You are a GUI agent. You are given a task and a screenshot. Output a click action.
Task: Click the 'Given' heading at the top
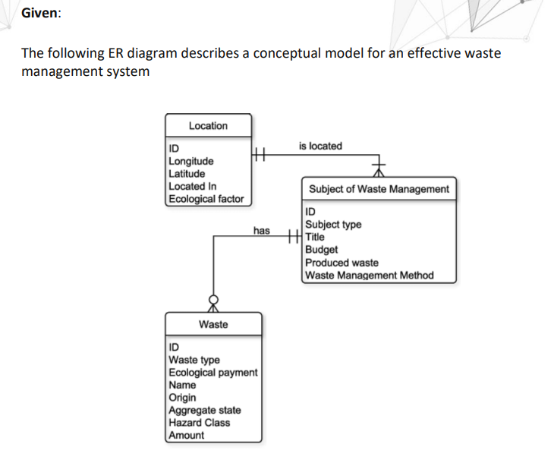pyautogui.click(x=39, y=14)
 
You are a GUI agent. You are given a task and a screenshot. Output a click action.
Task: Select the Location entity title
pyautogui.click(x=207, y=126)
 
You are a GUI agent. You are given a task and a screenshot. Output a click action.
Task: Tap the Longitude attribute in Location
pyautogui.click(x=190, y=161)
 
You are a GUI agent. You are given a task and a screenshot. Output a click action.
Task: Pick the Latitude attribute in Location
pyautogui.click(x=187, y=173)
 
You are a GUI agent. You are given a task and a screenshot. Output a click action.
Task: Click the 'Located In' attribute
pyautogui.click(x=192, y=186)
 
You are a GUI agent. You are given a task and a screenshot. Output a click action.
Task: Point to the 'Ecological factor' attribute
pyautogui.click(x=206, y=199)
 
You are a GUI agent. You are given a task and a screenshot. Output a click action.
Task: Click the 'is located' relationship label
pyautogui.click(x=320, y=146)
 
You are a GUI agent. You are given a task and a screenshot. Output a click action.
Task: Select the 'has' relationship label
pyautogui.click(x=261, y=229)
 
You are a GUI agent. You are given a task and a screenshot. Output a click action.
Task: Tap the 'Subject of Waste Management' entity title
pyautogui.click(x=379, y=189)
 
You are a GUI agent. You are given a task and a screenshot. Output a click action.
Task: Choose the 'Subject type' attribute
pyautogui.click(x=333, y=225)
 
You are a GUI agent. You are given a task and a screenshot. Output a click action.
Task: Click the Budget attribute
pyautogui.click(x=321, y=249)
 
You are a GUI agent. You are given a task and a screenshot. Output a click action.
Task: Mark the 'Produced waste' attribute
pyautogui.click(x=342, y=262)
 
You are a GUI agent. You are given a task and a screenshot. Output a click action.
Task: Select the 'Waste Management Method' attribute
pyautogui.click(x=369, y=275)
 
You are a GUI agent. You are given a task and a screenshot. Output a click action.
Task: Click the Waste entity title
pyautogui.click(x=213, y=324)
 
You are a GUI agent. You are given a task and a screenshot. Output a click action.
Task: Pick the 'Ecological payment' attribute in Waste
pyautogui.click(x=212, y=373)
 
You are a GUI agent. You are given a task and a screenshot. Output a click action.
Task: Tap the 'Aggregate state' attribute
pyautogui.click(x=204, y=410)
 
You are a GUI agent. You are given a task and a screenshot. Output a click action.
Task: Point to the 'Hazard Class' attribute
pyautogui.click(x=199, y=422)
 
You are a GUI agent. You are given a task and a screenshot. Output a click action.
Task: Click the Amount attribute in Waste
pyautogui.click(x=186, y=435)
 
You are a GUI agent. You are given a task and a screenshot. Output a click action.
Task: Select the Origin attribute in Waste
pyautogui.click(x=182, y=397)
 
